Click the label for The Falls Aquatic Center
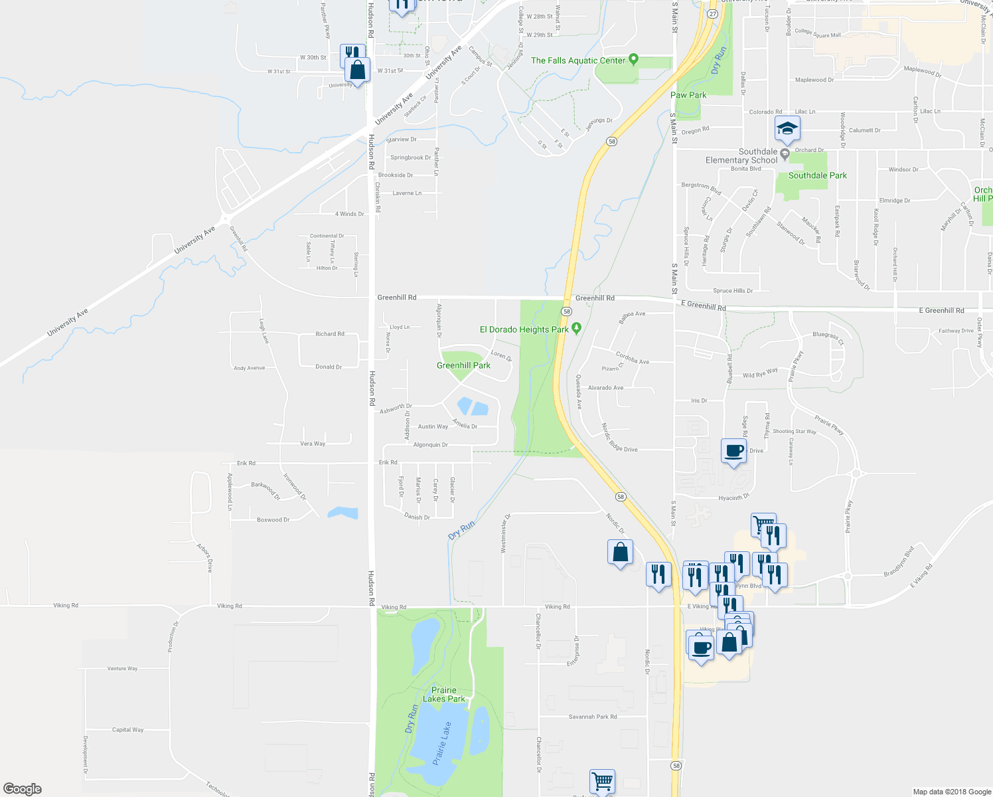(578, 60)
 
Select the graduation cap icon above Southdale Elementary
(787, 129)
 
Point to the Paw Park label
(688, 95)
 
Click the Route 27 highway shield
(712, 14)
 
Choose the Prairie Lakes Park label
(444, 694)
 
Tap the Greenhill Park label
(463, 365)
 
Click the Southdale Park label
(817, 175)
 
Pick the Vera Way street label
(313, 444)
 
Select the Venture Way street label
(122, 669)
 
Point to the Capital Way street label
(127, 730)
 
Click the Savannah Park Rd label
(593, 717)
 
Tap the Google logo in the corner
(23, 789)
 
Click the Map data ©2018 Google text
(951, 792)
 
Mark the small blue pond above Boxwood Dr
(343, 513)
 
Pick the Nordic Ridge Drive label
(619, 438)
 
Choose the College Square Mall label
(818, 33)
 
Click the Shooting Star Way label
(794, 432)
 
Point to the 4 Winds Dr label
(349, 214)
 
